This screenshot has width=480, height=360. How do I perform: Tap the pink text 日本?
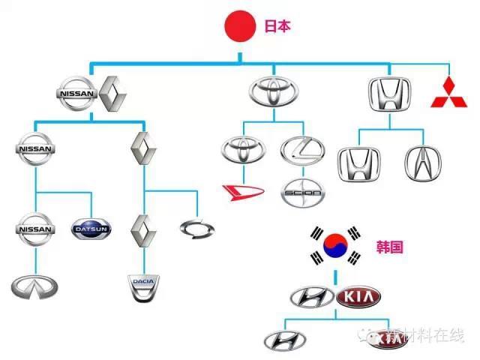tap(277, 25)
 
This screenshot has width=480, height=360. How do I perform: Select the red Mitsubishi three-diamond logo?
tap(452, 92)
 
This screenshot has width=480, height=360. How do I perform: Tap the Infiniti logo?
tap(34, 286)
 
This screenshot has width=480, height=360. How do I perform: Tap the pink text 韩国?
tap(390, 244)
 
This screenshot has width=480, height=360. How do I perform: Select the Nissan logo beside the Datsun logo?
tap(34, 230)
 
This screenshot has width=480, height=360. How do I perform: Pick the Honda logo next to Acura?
tap(360, 164)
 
